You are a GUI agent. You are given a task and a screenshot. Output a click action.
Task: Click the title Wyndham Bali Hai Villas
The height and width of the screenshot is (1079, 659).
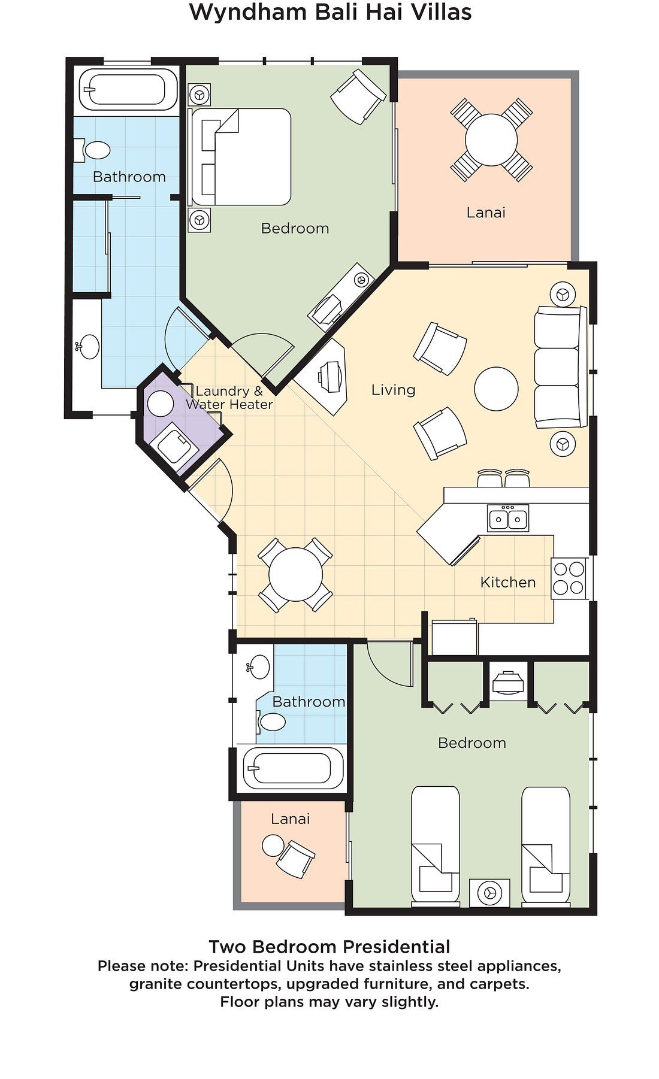[x=330, y=12]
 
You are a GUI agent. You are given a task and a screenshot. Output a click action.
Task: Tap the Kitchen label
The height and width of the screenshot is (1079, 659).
[x=508, y=582]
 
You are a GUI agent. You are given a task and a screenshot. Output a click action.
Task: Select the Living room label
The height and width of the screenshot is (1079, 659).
[x=393, y=390]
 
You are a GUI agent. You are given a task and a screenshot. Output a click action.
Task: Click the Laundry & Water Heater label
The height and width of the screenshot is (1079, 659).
[x=229, y=398]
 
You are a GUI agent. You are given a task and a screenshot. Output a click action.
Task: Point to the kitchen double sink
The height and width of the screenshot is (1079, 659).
[x=508, y=518]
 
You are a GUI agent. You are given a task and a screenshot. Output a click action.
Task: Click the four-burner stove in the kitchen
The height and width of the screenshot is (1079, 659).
[x=569, y=578]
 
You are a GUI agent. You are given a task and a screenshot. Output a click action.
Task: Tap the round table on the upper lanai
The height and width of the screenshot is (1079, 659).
[x=491, y=140]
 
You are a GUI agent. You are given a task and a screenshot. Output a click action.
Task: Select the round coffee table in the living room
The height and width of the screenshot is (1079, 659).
[x=496, y=389]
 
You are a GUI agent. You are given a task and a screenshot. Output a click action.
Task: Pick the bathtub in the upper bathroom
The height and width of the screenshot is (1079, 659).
[x=127, y=90]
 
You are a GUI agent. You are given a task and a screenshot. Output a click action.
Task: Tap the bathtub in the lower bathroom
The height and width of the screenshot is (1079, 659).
[x=293, y=768]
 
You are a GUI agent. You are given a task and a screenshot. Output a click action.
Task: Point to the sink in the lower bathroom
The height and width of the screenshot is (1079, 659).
[x=259, y=667]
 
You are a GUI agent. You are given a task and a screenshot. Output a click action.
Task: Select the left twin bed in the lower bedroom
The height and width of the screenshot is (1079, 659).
[x=436, y=845]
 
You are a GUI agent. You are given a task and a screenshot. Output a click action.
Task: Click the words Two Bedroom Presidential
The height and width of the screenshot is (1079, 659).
[x=329, y=947]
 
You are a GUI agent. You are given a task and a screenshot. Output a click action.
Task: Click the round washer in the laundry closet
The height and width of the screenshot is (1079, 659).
[x=161, y=404]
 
